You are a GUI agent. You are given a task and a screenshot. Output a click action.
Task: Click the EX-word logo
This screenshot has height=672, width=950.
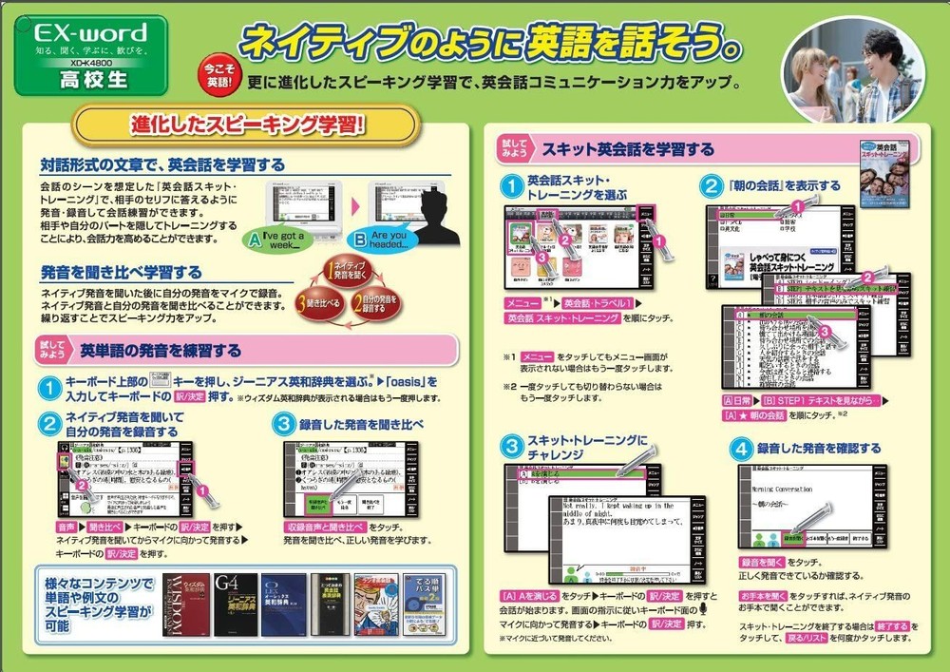pyautogui.click(x=90, y=29)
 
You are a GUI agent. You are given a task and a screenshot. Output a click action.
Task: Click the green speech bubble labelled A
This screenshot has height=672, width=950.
pyautogui.click(x=278, y=237)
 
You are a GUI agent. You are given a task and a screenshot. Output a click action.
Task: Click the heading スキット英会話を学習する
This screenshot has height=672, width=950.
pyautogui.click(x=627, y=149)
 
